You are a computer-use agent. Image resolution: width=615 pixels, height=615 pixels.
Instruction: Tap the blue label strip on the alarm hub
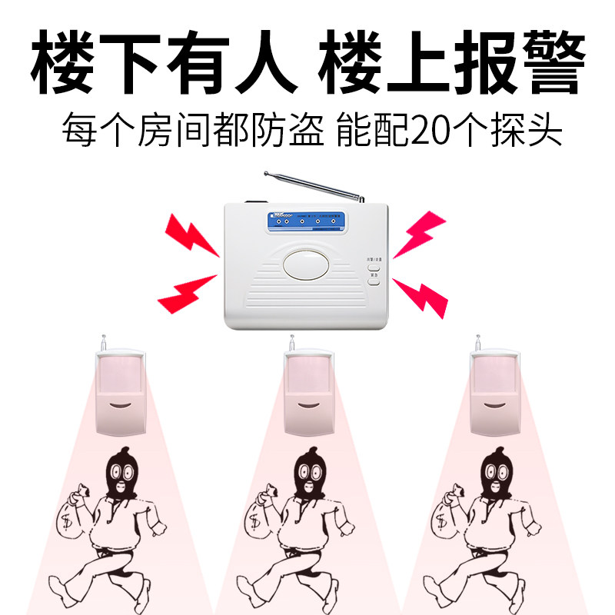pos(306,219)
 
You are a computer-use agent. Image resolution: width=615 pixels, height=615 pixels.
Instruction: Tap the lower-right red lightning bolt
pos(421,297)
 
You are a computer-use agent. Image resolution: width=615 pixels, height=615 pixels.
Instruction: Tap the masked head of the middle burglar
pos(311,472)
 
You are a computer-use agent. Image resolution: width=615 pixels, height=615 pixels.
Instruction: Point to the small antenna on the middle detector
pos(291,343)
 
